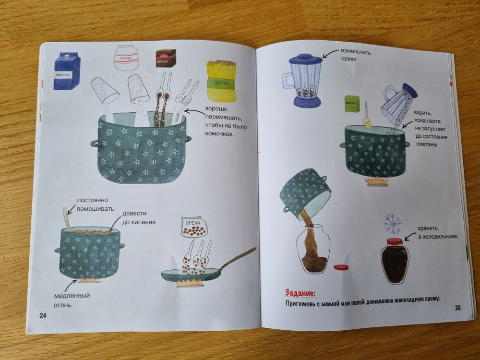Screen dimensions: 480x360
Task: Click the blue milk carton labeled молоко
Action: click(67, 71)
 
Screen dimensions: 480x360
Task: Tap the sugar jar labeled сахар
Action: click(127, 57)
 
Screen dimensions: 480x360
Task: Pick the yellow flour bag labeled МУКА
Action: click(221, 81)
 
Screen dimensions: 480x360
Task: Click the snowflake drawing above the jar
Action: click(393, 224)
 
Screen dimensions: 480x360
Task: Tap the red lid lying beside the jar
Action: click(341, 267)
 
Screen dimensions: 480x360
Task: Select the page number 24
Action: click(43, 315)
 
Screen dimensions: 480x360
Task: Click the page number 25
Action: click(457, 308)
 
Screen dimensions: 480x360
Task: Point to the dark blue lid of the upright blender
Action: click(305, 59)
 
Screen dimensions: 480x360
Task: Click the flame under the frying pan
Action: click(190, 283)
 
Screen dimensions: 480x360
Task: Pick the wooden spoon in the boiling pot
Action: click(67, 218)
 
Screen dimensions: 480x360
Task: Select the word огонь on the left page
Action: click(62, 305)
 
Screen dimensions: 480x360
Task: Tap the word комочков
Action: click(218, 134)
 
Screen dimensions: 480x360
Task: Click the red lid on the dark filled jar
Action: click(395, 241)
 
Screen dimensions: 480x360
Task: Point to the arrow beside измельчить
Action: click(330, 54)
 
